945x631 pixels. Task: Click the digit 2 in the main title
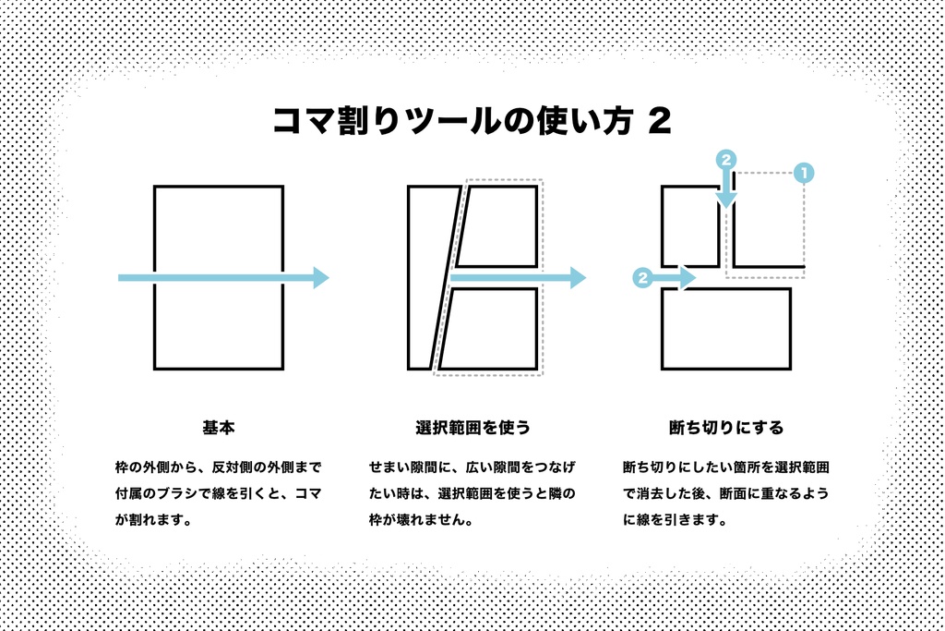point(660,121)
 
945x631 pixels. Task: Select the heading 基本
point(218,428)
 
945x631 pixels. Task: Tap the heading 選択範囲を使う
point(472,428)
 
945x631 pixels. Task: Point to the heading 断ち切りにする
point(726,428)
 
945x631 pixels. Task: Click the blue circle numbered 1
point(804,173)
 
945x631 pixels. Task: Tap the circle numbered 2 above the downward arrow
point(726,160)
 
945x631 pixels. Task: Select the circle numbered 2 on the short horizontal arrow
point(643,277)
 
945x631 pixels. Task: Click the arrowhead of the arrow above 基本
point(321,277)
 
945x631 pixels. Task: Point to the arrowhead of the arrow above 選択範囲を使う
point(579,277)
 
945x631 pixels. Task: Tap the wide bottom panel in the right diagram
point(726,329)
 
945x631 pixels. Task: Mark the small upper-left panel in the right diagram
point(690,226)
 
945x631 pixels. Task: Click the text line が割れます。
point(154,519)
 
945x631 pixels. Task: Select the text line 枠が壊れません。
point(421,519)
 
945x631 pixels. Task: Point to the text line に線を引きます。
point(675,519)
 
